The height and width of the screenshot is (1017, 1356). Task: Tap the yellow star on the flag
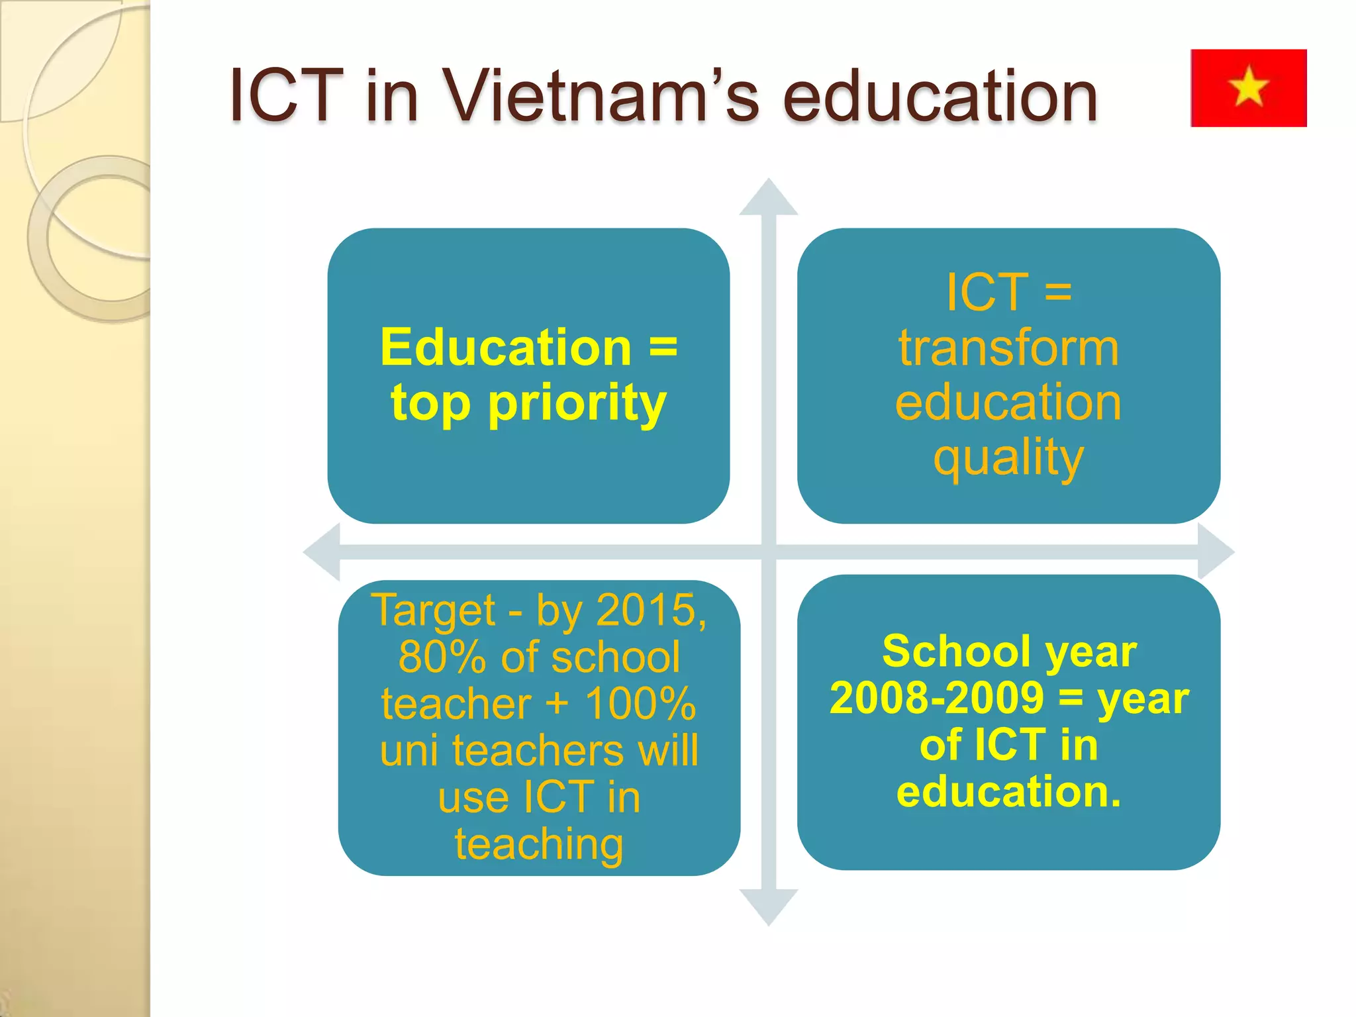1248,87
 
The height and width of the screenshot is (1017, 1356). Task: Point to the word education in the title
940,96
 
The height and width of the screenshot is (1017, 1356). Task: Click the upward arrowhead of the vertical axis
768,198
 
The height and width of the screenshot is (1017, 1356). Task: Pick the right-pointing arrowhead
1215,552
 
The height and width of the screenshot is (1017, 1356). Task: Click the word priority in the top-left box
577,404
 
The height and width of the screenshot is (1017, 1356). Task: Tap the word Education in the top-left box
506,347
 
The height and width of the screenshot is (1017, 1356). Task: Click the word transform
1008,348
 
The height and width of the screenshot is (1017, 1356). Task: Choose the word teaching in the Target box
539,844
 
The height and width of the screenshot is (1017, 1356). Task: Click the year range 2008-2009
937,699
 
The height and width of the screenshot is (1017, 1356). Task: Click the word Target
433,610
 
